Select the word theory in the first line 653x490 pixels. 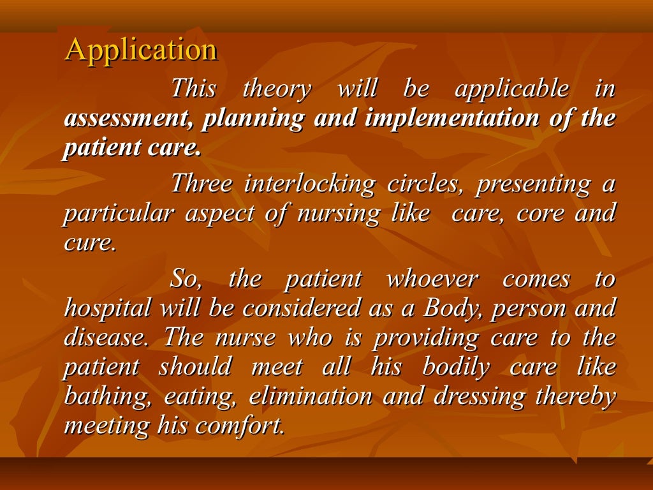pyautogui.click(x=277, y=89)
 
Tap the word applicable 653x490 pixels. pyautogui.click(x=511, y=89)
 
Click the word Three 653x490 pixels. pyautogui.click(x=202, y=184)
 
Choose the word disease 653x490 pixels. pyautogui.click(x=108, y=338)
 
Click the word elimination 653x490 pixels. pyautogui.click(x=311, y=397)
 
